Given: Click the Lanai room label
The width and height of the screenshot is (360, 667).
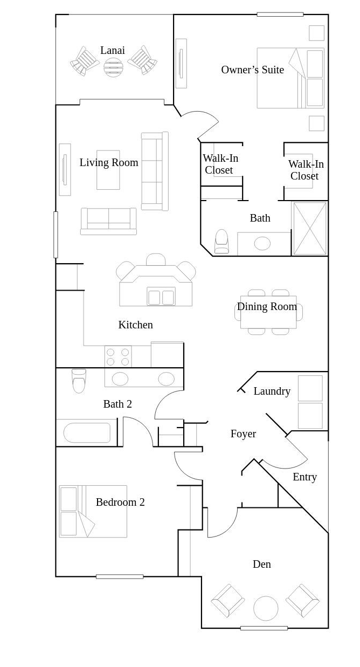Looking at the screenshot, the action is coord(112,50).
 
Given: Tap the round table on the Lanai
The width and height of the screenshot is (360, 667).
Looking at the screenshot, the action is coord(113,67).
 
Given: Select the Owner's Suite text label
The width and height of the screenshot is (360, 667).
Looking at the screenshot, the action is coord(252,70).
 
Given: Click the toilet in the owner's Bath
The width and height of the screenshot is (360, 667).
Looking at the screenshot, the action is coord(221,241).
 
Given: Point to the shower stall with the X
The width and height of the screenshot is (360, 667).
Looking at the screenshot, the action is coord(310,229).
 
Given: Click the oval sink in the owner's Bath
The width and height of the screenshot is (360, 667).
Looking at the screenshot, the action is coord(262,244).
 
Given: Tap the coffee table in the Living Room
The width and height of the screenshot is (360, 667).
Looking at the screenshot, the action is coord(108,170).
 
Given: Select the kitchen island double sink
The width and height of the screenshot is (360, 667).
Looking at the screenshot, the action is coord(161,296).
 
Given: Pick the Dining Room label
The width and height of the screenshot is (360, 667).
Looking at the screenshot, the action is coord(267,307).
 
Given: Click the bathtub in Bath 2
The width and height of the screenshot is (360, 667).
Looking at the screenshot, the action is coord(87,432).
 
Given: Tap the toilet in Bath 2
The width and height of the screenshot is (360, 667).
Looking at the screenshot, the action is coord(79,381).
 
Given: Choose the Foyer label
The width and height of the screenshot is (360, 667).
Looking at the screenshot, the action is coord(243,434).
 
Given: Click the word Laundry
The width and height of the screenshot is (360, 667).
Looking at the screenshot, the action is coord(272,391).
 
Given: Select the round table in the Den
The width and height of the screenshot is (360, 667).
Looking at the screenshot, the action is coord(266,608).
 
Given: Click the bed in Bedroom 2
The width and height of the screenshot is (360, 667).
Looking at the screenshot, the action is coord(93,511).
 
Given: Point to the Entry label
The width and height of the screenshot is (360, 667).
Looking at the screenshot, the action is coord(304,477).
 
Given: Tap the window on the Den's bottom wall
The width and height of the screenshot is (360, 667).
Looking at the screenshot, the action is coord(264,628).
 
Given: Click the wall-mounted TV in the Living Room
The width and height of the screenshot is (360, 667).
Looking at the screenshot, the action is coord(65,170).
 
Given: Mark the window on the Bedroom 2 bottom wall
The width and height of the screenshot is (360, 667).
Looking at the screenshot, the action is coord(120,577).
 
